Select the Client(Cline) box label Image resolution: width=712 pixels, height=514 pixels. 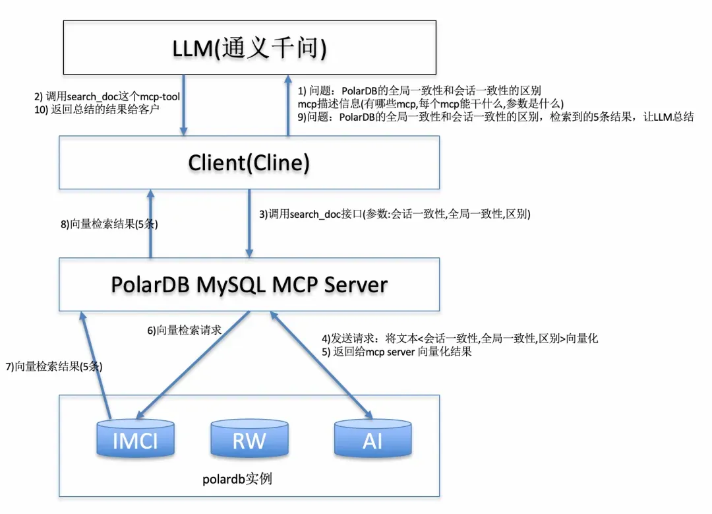pyautogui.click(x=249, y=162)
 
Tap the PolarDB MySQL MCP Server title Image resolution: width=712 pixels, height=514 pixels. pyautogui.click(x=249, y=284)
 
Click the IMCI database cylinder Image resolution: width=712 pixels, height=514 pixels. pyautogui.click(x=135, y=438)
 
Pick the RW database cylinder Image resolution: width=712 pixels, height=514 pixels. pyautogui.click(x=249, y=438)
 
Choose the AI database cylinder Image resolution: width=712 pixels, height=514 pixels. pyautogui.click(x=372, y=438)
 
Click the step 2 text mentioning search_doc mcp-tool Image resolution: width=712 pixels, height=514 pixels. pyautogui.click(x=107, y=97)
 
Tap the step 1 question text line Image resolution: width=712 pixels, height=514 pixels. pyautogui.click(x=420, y=90)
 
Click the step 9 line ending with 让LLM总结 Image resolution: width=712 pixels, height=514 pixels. pyautogui.click(x=496, y=117)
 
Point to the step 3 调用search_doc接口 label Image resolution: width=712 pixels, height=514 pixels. pyautogui.click(x=395, y=214)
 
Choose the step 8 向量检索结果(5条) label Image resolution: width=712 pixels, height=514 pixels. pyautogui.click(x=109, y=224)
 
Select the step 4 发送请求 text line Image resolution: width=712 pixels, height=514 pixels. pyautogui.click(x=460, y=338)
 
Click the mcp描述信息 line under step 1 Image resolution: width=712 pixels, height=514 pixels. pyautogui.click(x=430, y=104)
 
